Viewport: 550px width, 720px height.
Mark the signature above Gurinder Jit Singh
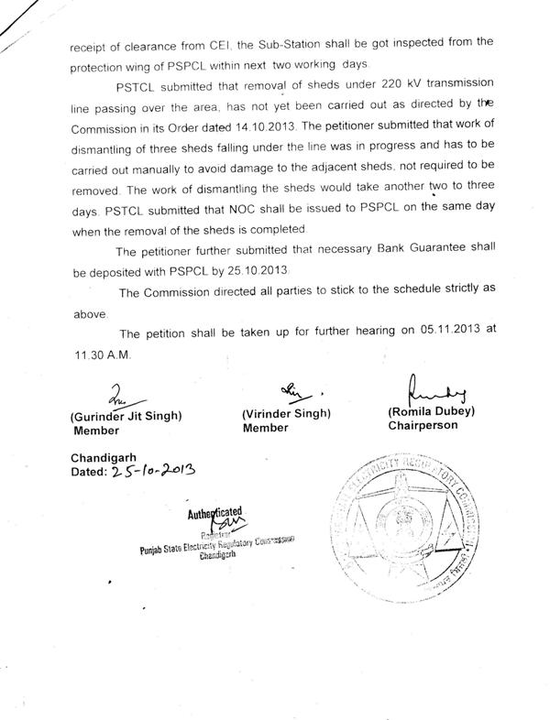tap(120, 398)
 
